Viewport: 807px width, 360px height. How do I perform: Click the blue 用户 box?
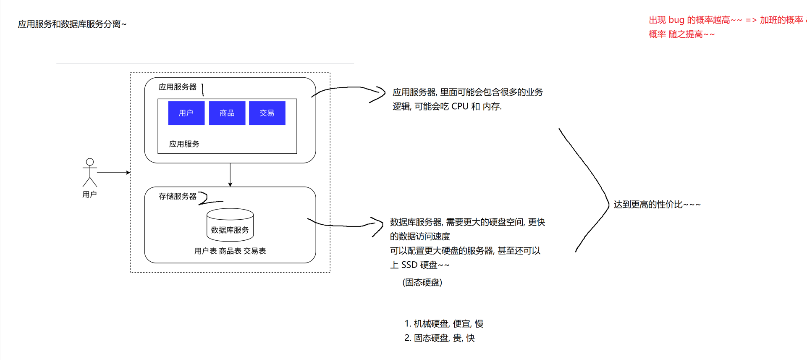pos(186,113)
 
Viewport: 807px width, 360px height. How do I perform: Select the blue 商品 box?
pos(227,113)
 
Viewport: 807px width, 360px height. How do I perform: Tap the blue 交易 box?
pos(267,113)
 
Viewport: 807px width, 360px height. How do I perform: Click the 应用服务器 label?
pos(178,87)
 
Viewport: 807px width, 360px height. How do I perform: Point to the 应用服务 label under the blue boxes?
pos(184,144)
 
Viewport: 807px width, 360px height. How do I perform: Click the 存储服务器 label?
pos(178,196)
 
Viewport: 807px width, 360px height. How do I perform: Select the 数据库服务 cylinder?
pos(230,225)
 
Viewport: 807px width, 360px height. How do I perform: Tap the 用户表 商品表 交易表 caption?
pos(230,251)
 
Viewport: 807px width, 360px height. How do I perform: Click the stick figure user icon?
pos(90,173)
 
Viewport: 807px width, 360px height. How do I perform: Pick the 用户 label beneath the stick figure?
pos(89,194)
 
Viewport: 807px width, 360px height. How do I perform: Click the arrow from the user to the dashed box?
pos(114,172)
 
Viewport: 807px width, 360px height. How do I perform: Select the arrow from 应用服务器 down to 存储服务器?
pos(230,175)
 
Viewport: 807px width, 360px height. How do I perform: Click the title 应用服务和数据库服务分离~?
pos(72,24)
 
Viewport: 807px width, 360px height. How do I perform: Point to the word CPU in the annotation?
pos(460,106)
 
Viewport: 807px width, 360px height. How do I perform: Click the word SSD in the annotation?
pos(409,265)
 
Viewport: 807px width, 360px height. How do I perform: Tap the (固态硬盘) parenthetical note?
pos(422,282)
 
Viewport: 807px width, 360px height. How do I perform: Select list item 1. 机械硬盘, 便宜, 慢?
pos(444,323)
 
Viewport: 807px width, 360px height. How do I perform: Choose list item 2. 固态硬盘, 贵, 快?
pos(440,338)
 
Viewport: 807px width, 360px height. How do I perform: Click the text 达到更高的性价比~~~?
pos(657,205)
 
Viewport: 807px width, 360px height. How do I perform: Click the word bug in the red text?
pos(676,20)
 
